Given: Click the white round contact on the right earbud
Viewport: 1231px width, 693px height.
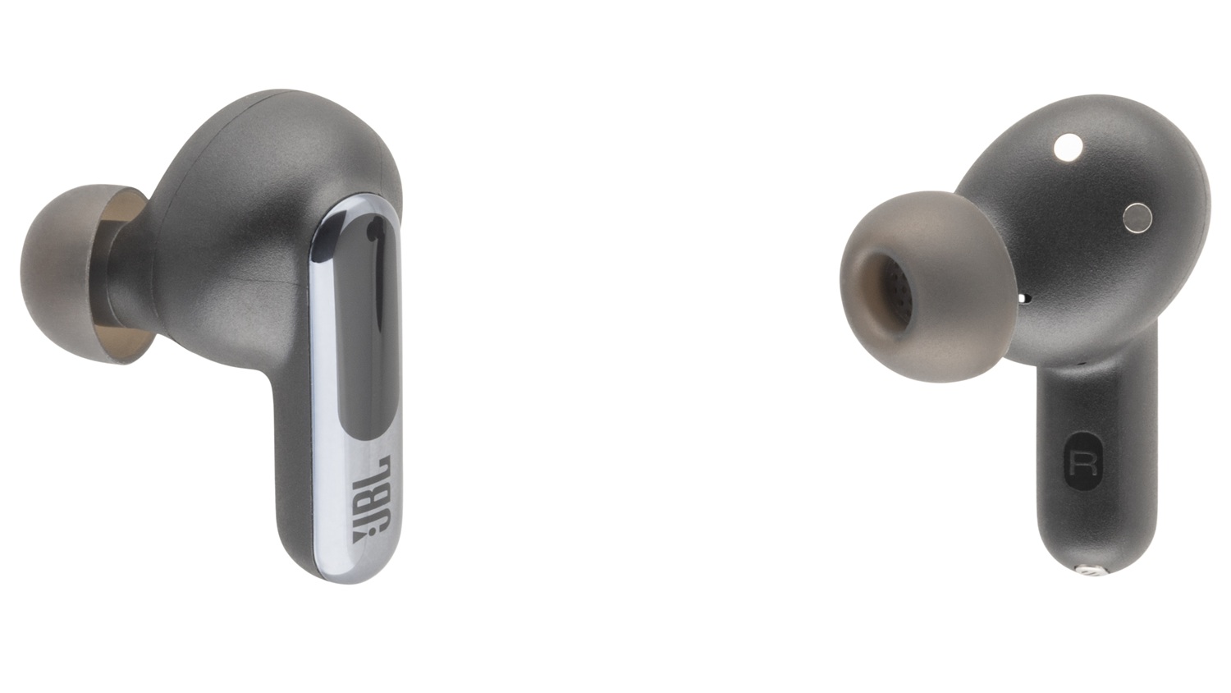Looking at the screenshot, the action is coord(1069,148).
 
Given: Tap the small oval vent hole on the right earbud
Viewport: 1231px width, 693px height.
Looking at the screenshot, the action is coord(1024,299).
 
